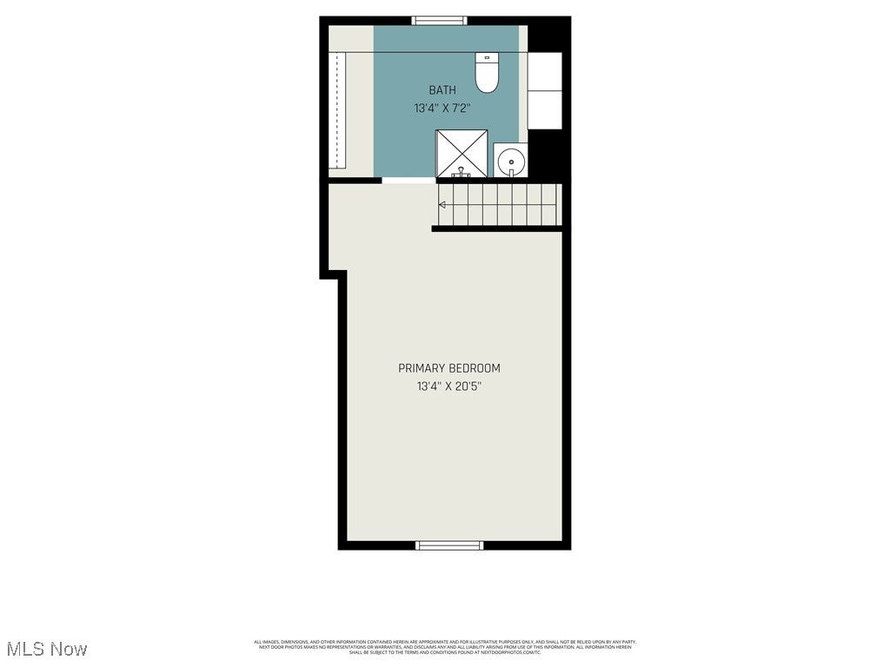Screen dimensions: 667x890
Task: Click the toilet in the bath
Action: click(487, 74)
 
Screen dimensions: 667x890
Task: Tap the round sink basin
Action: click(512, 161)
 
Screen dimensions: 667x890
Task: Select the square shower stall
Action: click(462, 154)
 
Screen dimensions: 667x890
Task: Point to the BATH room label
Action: click(442, 90)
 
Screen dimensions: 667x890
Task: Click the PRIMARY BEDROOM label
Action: click(448, 368)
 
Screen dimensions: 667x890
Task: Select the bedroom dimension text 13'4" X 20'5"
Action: click(448, 386)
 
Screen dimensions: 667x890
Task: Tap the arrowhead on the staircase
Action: click(442, 205)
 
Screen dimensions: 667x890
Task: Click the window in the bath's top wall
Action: click(439, 21)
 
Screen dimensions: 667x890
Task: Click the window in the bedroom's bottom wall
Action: click(448, 545)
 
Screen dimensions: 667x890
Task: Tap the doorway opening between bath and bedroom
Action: click(408, 181)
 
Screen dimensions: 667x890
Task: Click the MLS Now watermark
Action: click(47, 649)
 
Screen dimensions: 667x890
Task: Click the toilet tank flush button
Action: click(487, 57)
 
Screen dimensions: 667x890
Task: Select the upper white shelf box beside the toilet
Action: click(545, 70)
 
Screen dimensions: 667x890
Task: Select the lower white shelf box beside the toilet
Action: click(545, 109)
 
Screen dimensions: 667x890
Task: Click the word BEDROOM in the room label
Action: click(475, 368)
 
